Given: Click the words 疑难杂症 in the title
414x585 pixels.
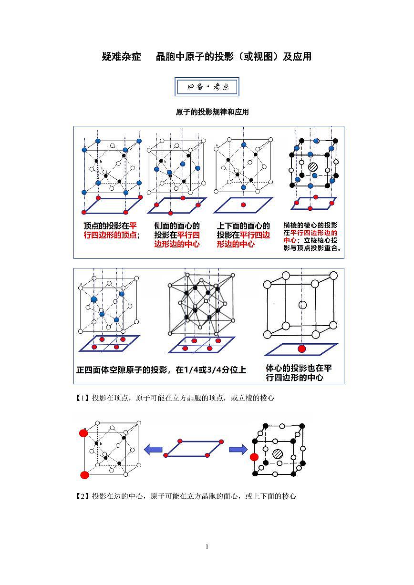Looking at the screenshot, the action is pyautogui.click(x=122, y=57).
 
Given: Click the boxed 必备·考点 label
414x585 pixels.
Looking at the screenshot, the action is pyautogui.click(x=207, y=87).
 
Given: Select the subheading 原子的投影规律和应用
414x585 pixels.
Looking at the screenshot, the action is pyautogui.click(x=212, y=112).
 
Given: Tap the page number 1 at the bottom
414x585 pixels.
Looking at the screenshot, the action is pyautogui.click(x=207, y=546).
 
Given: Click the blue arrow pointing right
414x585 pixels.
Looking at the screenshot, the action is pyautogui.click(x=238, y=449).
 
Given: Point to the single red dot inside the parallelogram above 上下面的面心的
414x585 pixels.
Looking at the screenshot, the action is pyautogui.click(x=243, y=205).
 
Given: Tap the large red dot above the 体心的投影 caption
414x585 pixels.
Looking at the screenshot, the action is pyautogui.click(x=301, y=349).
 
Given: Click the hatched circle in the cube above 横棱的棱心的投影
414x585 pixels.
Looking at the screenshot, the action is pyautogui.click(x=313, y=167).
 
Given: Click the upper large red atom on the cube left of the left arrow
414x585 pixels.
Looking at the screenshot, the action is pyautogui.click(x=83, y=433).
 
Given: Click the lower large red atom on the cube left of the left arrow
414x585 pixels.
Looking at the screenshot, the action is pyautogui.click(x=85, y=475).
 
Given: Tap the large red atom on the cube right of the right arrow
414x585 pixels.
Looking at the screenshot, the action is pyautogui.click(x=254, y=457).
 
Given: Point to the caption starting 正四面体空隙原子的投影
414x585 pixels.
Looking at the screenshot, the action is pyautogui.click(x=161, y=369).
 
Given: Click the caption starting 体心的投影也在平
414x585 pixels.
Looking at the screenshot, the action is pyautogui.click(x=299, y=373).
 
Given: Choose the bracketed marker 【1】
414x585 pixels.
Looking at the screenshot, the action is pyautogui.click(x=83, y=398).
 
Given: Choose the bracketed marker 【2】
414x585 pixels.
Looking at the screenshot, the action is pyautogui.click(x=83, y=496).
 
